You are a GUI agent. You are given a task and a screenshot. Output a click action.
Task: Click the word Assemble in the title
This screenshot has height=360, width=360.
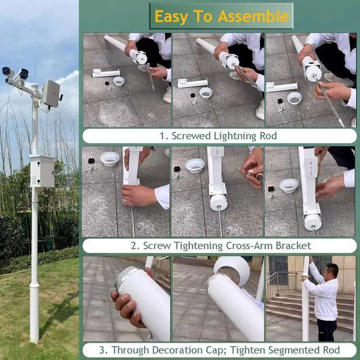254,16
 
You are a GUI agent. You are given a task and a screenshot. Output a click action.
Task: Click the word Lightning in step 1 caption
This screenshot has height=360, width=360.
235,136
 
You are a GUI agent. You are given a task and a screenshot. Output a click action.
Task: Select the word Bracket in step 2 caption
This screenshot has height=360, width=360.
293,246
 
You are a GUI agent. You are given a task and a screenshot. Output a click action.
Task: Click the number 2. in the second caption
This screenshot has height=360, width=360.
135,246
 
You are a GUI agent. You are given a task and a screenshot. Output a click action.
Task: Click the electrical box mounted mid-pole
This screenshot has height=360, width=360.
42,171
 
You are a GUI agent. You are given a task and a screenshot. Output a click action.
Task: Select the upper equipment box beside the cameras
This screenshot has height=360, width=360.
51,93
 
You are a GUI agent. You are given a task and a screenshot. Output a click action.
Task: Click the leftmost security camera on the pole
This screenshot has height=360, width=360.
7,73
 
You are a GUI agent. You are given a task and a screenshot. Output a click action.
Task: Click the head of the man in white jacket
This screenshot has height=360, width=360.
332,271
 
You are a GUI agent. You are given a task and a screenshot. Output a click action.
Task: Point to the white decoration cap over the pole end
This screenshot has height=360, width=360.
232,271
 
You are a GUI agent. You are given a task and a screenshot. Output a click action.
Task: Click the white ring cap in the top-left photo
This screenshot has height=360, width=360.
119,81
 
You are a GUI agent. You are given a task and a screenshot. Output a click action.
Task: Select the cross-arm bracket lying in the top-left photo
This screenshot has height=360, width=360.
106,73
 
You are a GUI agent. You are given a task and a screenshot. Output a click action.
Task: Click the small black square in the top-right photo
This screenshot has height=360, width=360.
280,101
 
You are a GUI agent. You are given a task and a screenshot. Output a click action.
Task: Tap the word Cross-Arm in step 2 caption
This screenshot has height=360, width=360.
250,246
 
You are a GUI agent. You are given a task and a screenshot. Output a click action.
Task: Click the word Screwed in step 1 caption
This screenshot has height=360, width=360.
191,136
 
